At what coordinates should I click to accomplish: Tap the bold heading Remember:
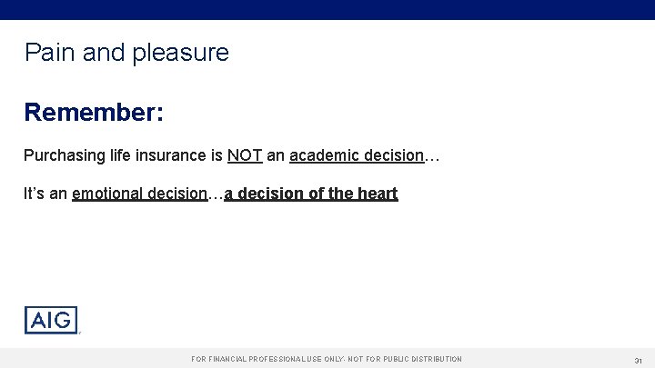click(94, 113)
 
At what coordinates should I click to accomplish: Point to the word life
click(119, 155)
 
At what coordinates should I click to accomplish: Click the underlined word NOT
click(245, 155)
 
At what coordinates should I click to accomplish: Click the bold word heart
click(377, 194)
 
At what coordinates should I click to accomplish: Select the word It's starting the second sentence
click(34, 194)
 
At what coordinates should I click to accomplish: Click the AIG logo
click(51, 320)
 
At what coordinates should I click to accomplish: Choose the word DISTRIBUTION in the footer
click(436, 360)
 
